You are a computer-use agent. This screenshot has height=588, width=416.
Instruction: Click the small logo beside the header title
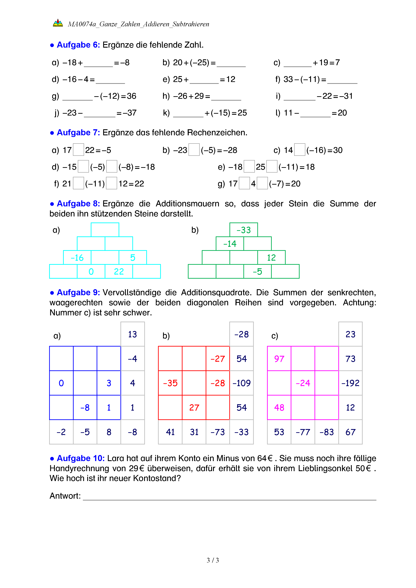[58, 23]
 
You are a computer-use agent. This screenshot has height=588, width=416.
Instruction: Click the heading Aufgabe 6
[78, 45]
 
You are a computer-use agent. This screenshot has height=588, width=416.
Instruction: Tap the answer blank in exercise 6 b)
[231, 63]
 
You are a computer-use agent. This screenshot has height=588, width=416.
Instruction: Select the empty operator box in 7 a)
[78, 150]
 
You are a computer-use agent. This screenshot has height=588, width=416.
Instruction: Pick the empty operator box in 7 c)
[299, 150]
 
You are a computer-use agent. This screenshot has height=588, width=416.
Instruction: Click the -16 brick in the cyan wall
[77, 258]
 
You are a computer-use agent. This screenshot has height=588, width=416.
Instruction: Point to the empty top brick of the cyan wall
[105, 230]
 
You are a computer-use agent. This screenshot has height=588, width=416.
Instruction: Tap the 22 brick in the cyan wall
[119, 271]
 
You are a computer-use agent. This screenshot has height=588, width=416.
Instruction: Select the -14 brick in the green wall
[230, 244]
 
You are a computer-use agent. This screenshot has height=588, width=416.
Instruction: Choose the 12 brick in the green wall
[271, 258]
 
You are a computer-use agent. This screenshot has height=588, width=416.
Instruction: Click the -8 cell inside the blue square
[85, 407]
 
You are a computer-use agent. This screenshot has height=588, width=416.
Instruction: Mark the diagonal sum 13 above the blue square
[133, 334]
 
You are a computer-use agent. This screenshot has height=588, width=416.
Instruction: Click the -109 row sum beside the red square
[242, 383]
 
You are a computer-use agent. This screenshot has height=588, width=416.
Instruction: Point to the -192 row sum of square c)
[350, 383]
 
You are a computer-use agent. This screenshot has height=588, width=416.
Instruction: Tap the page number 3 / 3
[213, 560]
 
